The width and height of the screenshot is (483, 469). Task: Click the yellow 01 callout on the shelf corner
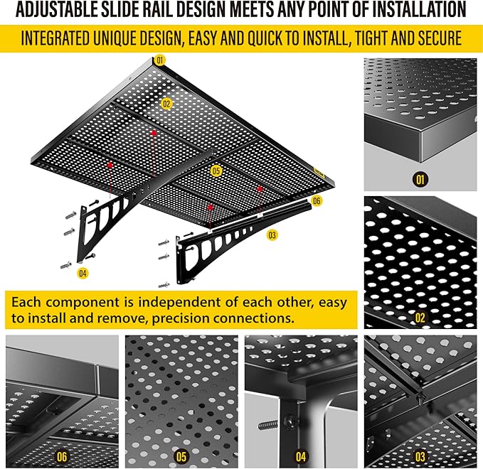point(159,60)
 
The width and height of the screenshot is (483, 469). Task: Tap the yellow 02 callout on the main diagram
point(166,103)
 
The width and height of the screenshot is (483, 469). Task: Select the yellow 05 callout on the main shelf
point(217,171)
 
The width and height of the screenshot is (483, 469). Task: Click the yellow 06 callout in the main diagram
point(317,201)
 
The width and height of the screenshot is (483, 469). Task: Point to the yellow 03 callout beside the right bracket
point(272,234)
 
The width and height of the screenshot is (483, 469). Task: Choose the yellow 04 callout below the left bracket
point(83,272)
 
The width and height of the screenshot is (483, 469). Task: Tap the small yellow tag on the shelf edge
point(318,171)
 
